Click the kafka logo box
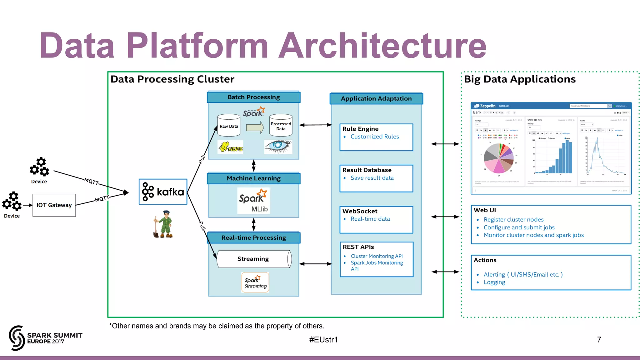point(163,192)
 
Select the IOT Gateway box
point(54,205)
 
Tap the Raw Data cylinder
point(229,126)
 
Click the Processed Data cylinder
point(281,126)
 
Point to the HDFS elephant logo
point(231,147)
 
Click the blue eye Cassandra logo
point(278,146)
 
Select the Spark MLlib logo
point(253,200)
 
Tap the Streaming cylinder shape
point(254,259)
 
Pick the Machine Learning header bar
point(253,178)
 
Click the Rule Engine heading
point(360,129)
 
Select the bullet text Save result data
point(372,178)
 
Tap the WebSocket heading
point(360,211)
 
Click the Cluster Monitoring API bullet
point(376,256)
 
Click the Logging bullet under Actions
point(494,282)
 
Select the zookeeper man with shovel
point(163,224)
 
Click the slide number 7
point(599,339)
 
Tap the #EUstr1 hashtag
point(323,339)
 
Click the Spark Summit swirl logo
point(17,338)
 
